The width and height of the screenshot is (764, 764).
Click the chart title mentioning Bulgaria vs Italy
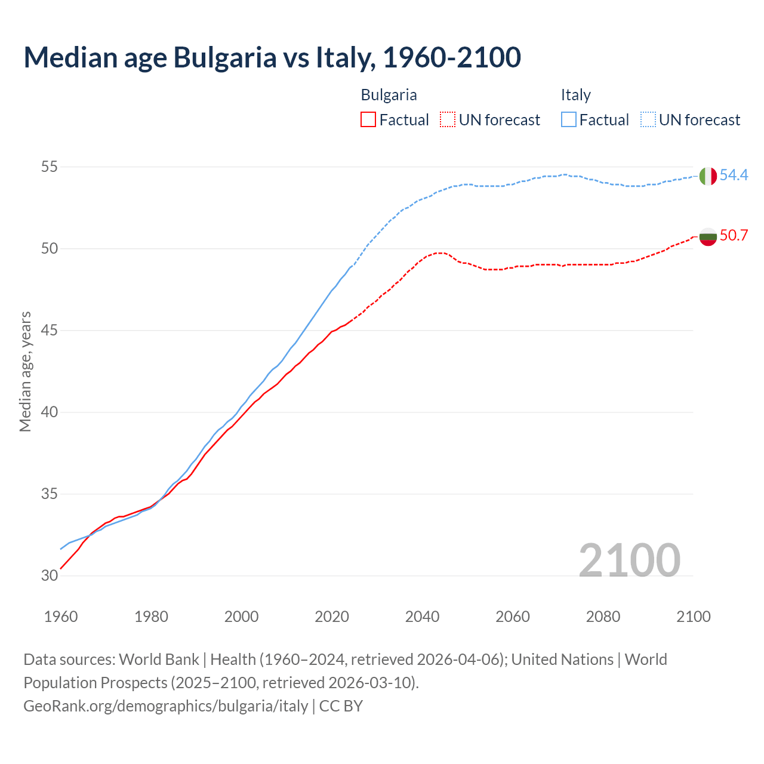(272, 57)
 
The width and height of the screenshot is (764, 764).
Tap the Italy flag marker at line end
(707, 176)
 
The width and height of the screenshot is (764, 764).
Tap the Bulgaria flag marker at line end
(707, 237)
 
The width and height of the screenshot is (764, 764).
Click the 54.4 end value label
(734, 175)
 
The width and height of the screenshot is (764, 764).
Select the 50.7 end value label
(734, 235)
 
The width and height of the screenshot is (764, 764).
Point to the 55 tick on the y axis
(49, 167)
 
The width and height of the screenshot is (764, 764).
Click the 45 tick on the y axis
(49, 331)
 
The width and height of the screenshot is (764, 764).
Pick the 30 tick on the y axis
(49, 576)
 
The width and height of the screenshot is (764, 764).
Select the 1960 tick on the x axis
(61, 617)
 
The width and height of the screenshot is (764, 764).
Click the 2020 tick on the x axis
(332, 617)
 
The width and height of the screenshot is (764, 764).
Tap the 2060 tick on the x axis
(513, 617)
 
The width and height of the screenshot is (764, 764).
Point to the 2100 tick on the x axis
(694, 617)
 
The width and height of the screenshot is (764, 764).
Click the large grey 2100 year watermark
(629, 560)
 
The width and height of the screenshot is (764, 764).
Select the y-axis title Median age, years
(25, 371)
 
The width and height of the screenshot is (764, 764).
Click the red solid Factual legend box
(368, 120)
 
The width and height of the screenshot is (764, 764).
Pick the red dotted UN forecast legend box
(448, 120)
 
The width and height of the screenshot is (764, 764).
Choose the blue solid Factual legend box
(569, 120)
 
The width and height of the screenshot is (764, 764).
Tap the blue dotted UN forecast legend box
(648, 120)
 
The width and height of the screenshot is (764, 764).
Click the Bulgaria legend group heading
(389, 95)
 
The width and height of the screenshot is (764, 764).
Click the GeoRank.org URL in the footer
(165, 706)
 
